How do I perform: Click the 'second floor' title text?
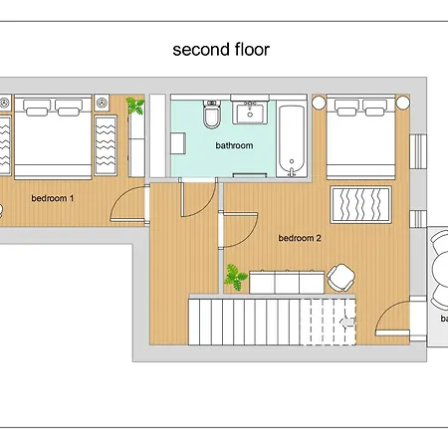(x=220, y=49)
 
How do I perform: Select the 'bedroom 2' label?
(x=299, y=238)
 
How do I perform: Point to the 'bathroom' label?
(x=234, y=145)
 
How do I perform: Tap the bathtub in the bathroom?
(x=292, y=136)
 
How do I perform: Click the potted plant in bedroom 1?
(x=135, y=105)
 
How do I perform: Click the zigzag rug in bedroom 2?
(x=362, y=206)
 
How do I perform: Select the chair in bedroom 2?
(x=341, y=276)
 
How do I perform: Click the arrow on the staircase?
(x=344, y=321)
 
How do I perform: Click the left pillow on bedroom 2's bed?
(x=345, y=103)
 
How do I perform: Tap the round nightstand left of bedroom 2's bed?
(x=320, y=103)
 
